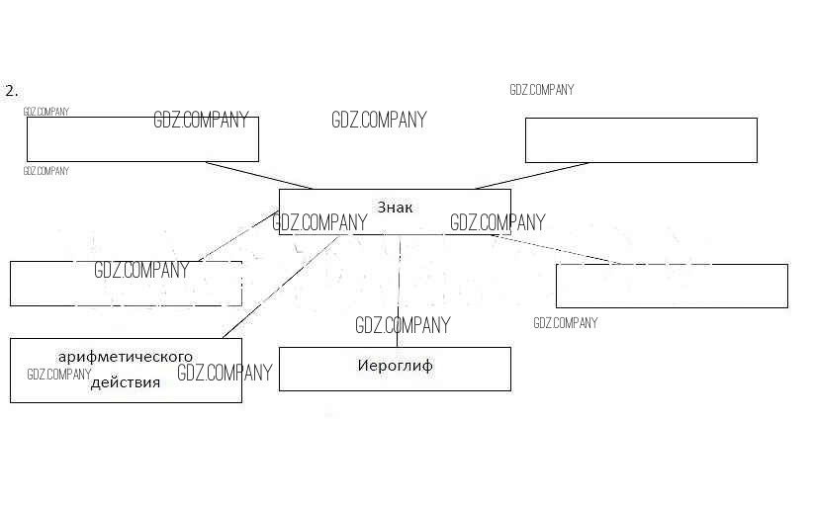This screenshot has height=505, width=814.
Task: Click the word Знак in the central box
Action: (x=395, y=208)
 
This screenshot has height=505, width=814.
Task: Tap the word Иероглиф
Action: (x=395, y=366)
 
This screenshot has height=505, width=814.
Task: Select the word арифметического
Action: (x=126, y=356)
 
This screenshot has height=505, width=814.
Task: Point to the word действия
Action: (x=126, y=382)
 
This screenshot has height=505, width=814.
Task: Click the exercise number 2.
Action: (x=11, y=90)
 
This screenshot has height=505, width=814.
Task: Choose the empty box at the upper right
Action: (x=641, y=139)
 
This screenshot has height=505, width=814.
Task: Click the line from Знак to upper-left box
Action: (x=259, y=175)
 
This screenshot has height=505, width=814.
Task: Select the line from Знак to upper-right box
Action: (x=532, y=175)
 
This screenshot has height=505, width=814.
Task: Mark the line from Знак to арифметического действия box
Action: (x=282, y=286)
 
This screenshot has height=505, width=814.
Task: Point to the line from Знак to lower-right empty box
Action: (x=554, y=248)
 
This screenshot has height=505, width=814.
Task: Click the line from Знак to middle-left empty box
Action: (x=237, y=236)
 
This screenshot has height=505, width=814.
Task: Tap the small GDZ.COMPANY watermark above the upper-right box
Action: (x=541, y=90)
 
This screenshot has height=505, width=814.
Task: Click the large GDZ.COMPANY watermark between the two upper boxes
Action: (x=379, y=121)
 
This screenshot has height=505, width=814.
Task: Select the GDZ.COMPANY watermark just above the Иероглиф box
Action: (x=403, y=325)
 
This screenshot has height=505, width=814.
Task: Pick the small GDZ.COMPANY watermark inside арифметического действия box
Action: (x=59, y=375)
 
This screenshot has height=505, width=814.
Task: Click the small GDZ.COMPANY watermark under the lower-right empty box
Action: (x=565, y=323)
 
